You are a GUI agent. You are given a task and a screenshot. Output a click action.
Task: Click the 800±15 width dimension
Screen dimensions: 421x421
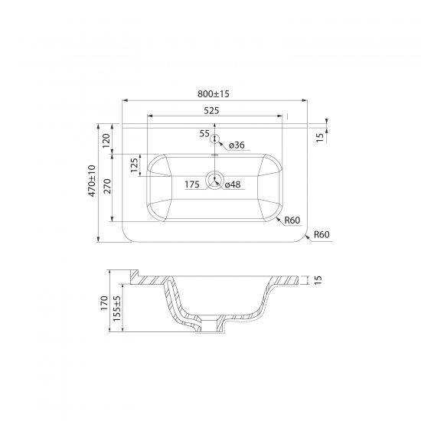coord(214,94)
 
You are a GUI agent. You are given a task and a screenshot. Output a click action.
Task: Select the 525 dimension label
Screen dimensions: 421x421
coord(211,111)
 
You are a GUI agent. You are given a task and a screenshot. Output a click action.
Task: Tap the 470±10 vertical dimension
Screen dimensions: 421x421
coord(92,181)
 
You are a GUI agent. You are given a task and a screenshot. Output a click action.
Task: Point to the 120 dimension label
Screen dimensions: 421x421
coord(106,141)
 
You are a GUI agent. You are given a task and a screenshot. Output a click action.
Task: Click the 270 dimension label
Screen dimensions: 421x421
coord(107,186)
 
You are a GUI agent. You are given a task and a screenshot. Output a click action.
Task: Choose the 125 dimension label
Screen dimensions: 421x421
coord(134,165)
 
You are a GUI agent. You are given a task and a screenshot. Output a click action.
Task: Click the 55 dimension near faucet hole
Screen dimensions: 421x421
coord(204,133)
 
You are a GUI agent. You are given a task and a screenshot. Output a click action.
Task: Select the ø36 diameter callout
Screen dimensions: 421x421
coord(237,145)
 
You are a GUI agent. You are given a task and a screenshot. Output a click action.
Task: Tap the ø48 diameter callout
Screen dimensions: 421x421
coord(233,184)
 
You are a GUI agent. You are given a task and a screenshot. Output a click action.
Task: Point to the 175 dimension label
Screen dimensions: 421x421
coord(192,184)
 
